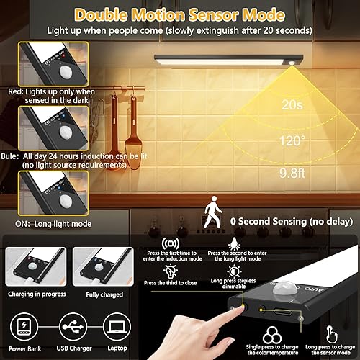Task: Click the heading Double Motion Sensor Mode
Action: click(x=180, y=14)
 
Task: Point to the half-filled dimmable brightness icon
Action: click(x=234, y=271)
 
